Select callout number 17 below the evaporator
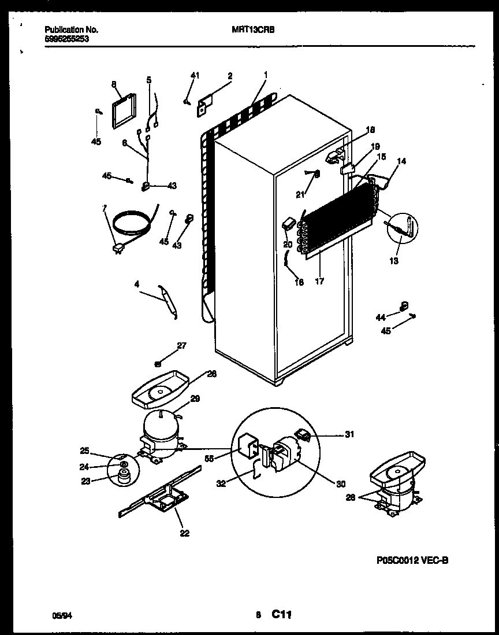[319, 282]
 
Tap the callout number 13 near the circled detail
[393, 261]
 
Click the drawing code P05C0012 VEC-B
[412, 560]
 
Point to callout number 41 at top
[195, 75]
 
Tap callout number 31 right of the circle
[349, 434]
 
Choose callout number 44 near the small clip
[380, 317]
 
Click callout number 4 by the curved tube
[136, 283]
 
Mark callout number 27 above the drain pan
[182, 346]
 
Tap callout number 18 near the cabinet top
[370, 130]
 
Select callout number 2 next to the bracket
[230, 75]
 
